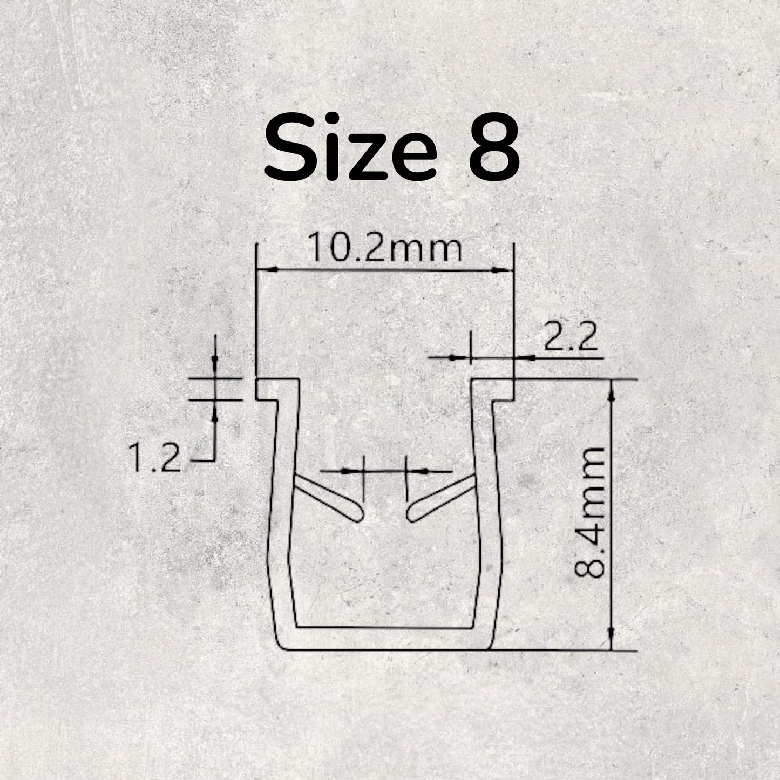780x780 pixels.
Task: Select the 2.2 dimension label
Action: [x=571, y=339]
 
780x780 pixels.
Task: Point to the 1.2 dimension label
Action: [x=154, y=458]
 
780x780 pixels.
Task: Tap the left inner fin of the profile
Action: [x=327, y=497]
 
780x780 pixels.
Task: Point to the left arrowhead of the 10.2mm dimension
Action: [x=262, y=269]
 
